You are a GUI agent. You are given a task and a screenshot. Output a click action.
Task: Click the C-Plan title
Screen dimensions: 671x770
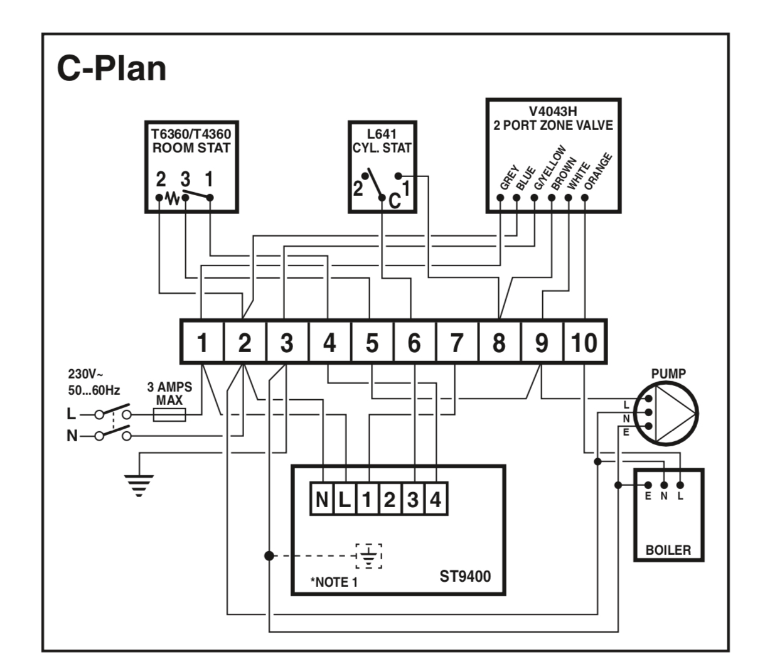[x=112, y=68]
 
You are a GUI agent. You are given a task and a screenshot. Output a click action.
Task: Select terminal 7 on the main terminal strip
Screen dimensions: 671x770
[x=456, y=343]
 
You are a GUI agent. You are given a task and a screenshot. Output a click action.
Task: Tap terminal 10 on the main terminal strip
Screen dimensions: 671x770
[x=584, y=343]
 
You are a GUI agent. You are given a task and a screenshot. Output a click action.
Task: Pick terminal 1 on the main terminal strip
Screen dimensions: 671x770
[x=202, y=343]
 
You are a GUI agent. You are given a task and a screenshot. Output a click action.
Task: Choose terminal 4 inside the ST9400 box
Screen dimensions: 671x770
[x=436, y=500]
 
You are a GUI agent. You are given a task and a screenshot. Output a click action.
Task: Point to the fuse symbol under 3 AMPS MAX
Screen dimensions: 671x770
[x=169, y=414]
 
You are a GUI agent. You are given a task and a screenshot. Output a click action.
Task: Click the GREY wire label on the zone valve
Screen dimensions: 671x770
[x=508, y=177]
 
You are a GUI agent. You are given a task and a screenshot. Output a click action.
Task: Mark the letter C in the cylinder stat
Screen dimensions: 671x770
[x=394, y=201]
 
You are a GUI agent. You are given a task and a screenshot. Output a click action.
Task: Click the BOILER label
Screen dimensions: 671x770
[x=668, y=550]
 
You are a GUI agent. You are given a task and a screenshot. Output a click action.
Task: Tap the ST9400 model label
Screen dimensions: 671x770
[x=465, y=573]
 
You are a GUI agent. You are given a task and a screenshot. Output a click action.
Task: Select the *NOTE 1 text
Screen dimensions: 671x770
[x=334, y=582]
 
